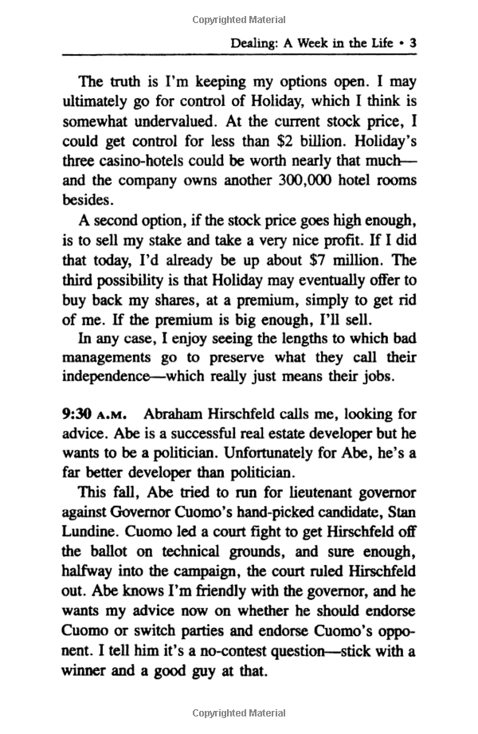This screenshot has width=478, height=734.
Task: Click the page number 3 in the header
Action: [x=413, y=44]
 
